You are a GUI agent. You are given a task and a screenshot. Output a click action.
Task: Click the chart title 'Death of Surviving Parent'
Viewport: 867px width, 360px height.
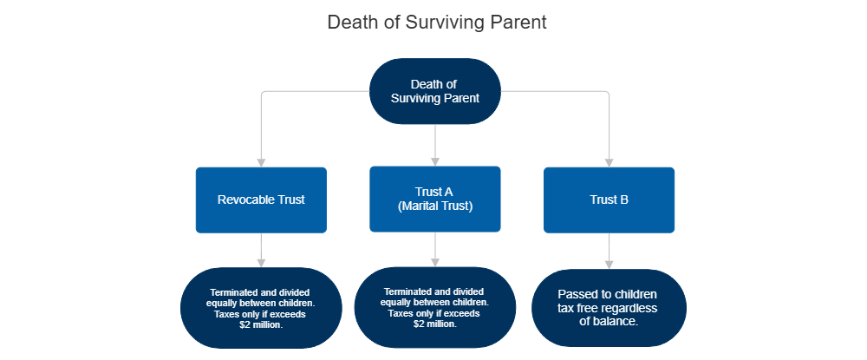pyautogui.click(x=436, y=23)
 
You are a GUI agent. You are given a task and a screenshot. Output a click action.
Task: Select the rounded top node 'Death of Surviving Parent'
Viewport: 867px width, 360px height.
pyautogui.click(x=434, y=91)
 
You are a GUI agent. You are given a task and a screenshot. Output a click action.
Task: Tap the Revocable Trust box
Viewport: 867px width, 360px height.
pyautogui.click(x=261, y=200)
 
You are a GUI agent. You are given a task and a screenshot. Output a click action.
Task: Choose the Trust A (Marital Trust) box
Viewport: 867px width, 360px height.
pyautogui.click(x=434, y=200)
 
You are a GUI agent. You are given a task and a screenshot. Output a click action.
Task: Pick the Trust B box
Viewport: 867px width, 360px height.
pyautogui.click(x=609, y=200)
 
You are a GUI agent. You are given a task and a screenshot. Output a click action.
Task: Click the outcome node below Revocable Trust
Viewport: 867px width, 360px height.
pyautogui.click(x=259, y=308)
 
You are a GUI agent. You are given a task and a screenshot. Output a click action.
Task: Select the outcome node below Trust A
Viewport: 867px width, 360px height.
pyautogui.click(x=434, y=308)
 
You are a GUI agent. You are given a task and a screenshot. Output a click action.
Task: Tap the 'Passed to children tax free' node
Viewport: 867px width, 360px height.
pyautogui.click(x=609, y=308)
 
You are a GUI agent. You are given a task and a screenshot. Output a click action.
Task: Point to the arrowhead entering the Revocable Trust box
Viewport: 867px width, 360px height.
pyautogui.click(x=261, y=161)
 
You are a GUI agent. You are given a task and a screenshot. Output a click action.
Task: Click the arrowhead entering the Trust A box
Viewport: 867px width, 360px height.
pyautogui.click(x=435, y=160)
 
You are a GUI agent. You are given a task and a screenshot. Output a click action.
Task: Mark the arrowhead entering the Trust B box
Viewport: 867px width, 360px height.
pyautogui.click(x=609, y=161)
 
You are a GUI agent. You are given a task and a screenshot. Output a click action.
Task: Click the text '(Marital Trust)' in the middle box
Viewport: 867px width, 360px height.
pyautogui.click(x=434, y=206)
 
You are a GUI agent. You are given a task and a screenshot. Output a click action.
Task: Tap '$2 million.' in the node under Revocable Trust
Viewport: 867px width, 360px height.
pyautogui.click(x=259, y=324)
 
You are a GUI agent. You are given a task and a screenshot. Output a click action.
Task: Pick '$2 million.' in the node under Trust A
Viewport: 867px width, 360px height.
pyautogui.click(x=434, y=324)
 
